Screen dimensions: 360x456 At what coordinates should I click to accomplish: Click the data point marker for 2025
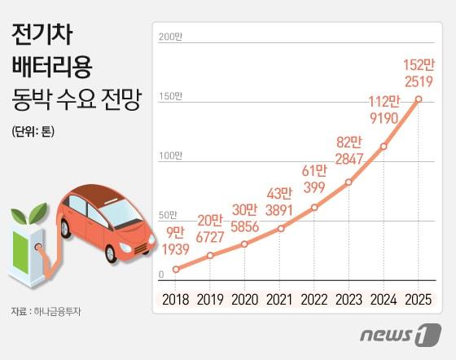point(419,99)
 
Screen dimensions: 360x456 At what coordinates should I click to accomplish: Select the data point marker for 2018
point(175,268)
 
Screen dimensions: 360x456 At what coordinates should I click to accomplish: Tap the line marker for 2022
point(314,207)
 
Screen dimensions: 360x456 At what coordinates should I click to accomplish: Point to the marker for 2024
point(384,147)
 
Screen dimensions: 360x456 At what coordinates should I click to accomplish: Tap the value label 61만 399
point(313,178)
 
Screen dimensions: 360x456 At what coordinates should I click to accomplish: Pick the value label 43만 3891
point(278,202)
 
